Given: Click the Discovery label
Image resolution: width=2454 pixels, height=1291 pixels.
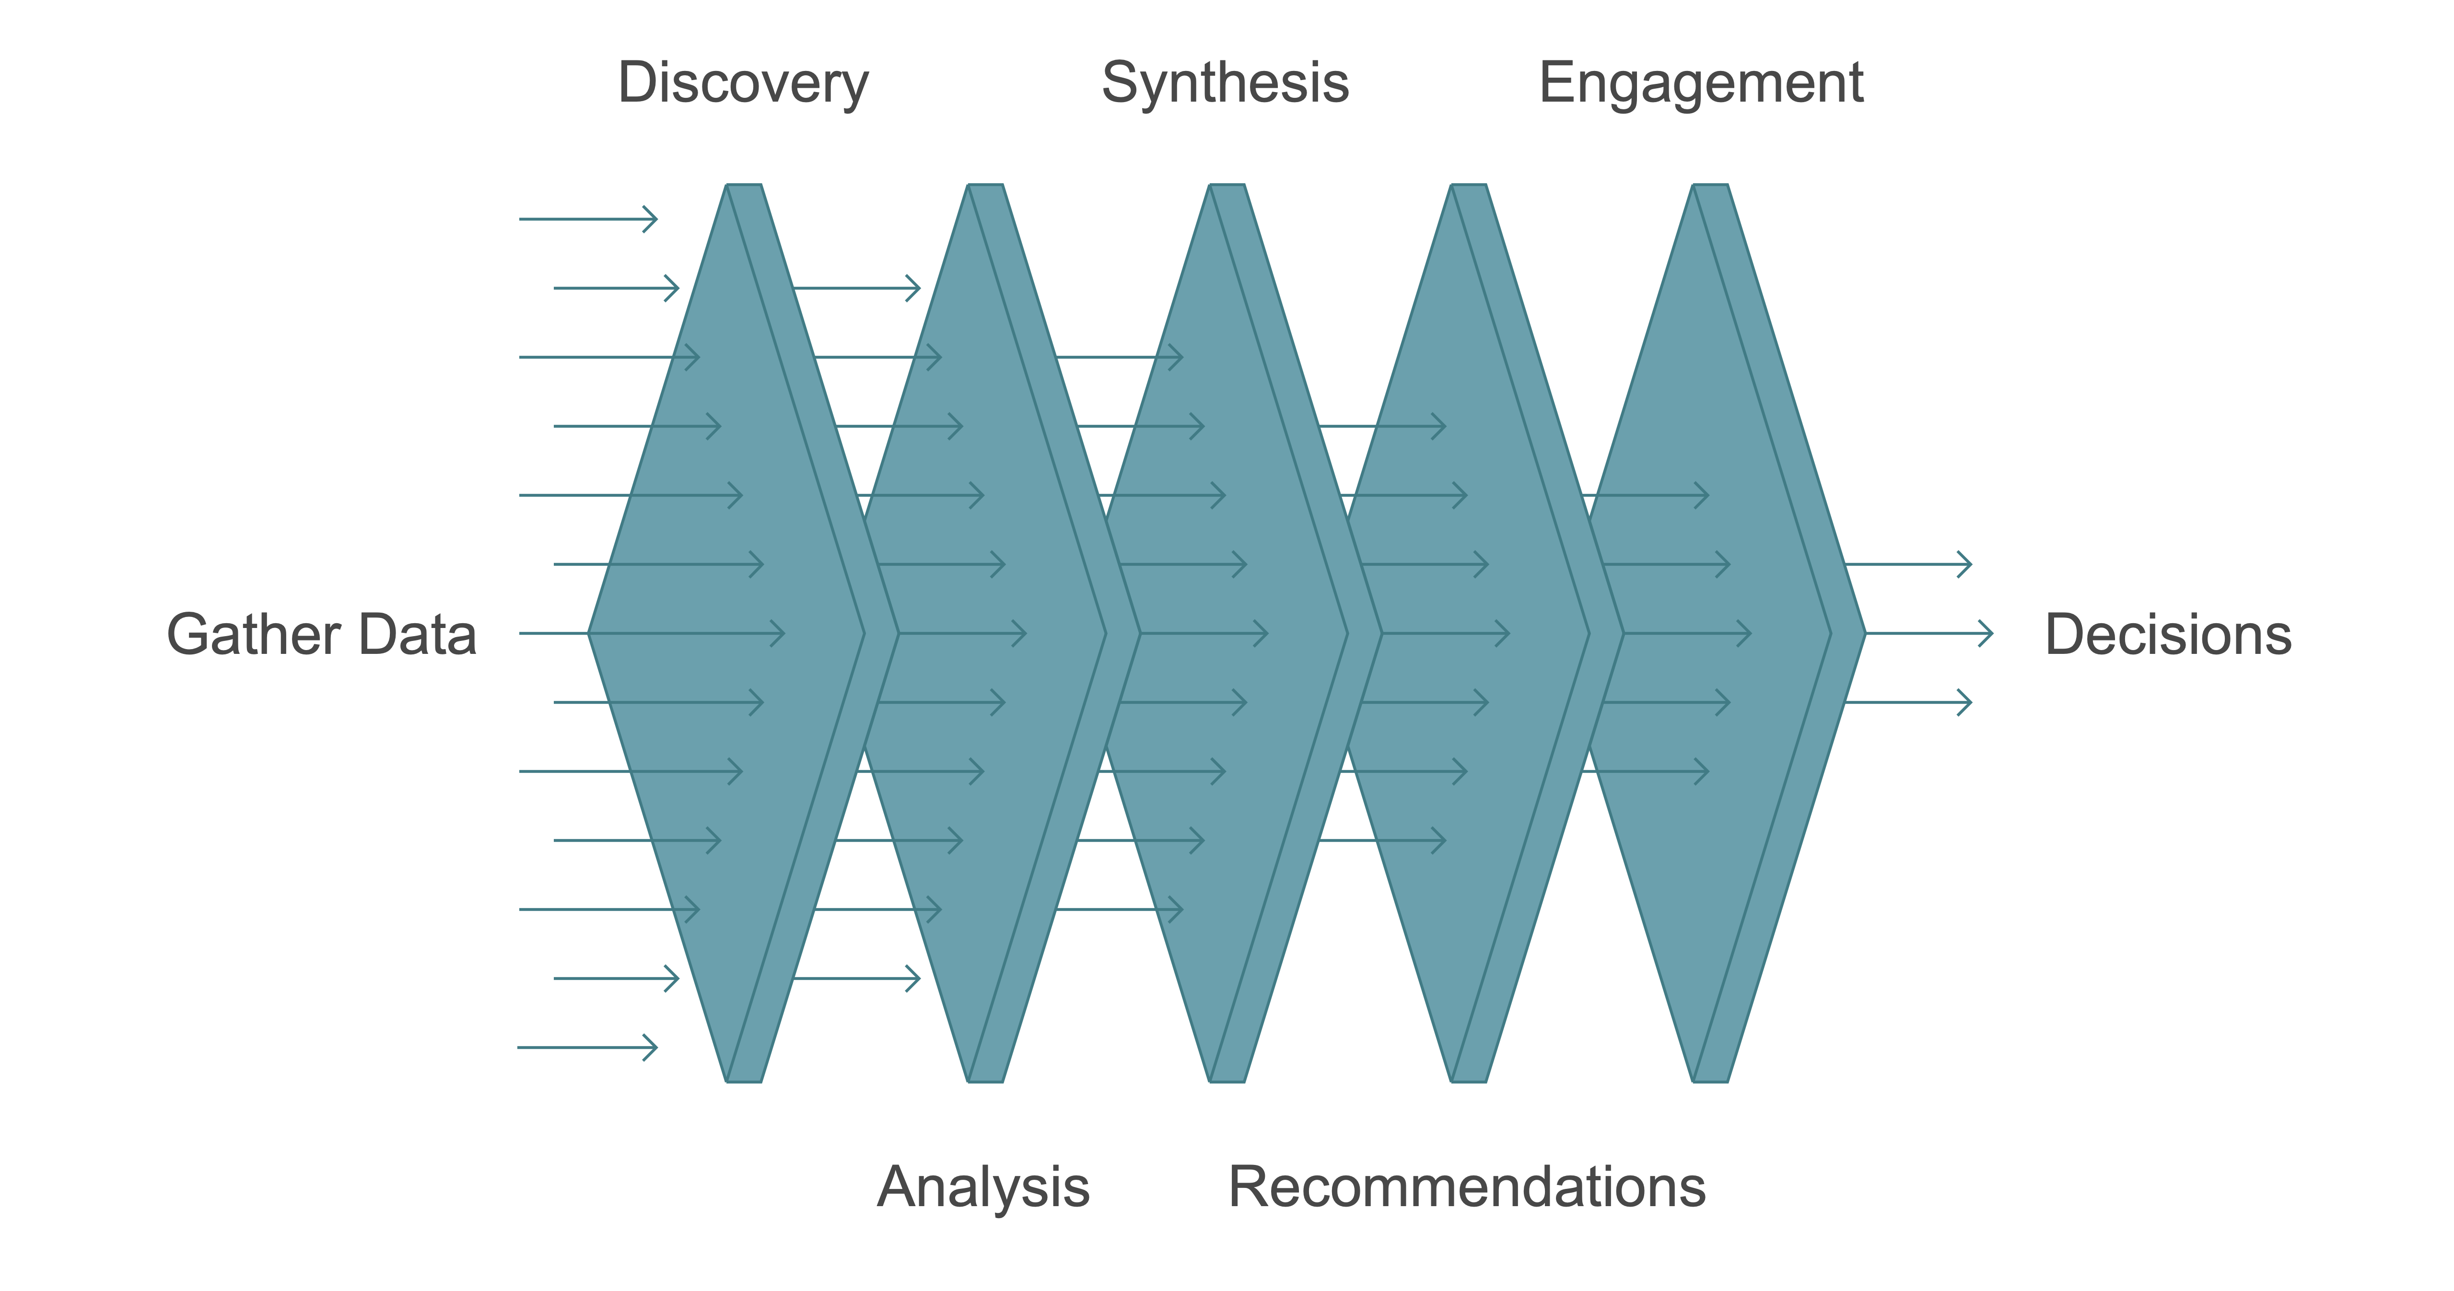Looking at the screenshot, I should click(x=743, y=83).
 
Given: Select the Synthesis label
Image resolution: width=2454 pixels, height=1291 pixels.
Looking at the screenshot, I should click(x=1225, y=83).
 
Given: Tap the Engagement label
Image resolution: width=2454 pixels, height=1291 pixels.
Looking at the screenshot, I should click(x=1701, y=83).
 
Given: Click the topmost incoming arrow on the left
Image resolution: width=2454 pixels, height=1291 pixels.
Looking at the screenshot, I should click(x=588, y=219).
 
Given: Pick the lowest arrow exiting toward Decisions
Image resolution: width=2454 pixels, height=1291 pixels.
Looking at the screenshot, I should click(x=1908, y=702).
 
